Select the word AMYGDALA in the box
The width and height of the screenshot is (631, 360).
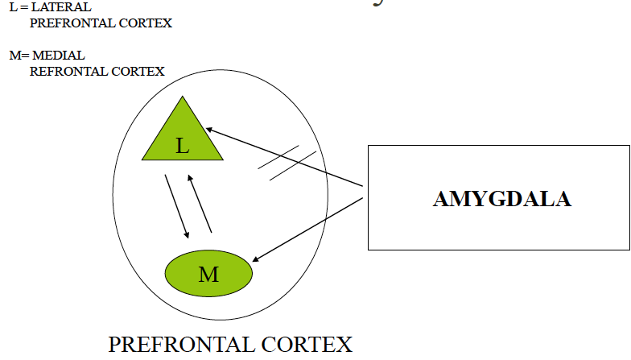[501, 199]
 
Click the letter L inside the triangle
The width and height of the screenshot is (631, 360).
[183, 146]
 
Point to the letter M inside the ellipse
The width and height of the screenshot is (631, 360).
[208, 275]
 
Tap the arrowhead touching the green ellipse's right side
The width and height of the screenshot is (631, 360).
[255, 259]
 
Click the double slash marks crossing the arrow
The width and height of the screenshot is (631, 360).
[287, 162]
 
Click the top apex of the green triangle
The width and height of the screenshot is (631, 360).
[184, 98]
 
